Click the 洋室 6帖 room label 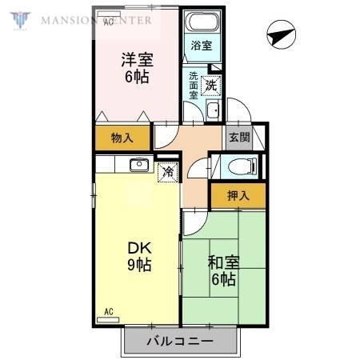coord(137,68)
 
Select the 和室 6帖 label coord(223,270)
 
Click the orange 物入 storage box coord(122,138)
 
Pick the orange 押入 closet coord(238,195)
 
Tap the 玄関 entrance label coord(239,138)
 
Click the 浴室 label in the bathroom coord(202,47)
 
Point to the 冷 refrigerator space coord(168,171)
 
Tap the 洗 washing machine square coord(210,83)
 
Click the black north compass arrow coord(278,35)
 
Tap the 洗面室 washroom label coord(194,86)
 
